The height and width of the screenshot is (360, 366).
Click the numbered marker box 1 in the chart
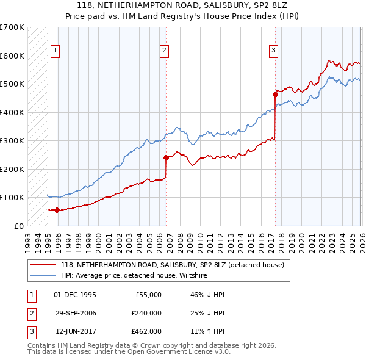click(x=55, y=51)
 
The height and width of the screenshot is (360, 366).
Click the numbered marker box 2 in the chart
click(x=165, y=51)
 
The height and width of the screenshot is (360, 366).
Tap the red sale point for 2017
click(x=275, y=95)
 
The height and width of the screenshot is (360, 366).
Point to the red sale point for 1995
click(x=57, y=210)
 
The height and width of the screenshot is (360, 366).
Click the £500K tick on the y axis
click(x=12, y=84)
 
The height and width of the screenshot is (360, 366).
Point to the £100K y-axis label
click(x=12, y=198)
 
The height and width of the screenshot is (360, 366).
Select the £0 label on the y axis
click(x=19, y=226)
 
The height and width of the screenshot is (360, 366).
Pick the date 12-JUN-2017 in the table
click(x=75, y=331)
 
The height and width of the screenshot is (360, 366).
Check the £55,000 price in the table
click(x=147, y=295)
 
